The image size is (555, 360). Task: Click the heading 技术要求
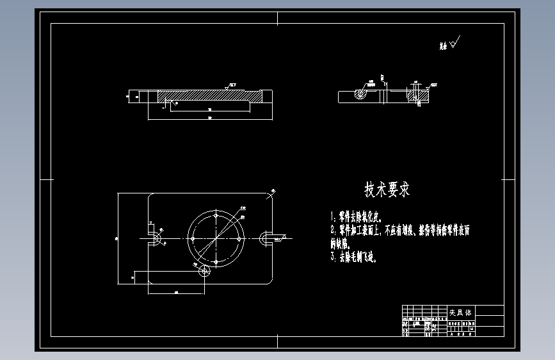(x=387, y=190)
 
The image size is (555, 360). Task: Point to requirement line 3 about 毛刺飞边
(x=355, y=257)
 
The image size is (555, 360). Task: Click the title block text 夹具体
(x=460, y=313)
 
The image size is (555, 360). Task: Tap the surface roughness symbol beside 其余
(x=455, y=43)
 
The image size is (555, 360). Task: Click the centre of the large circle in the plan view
(x=216, y=236)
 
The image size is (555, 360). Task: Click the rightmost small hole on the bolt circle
(x=241, y=237)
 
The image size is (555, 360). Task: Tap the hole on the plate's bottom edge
(x=205, y=271)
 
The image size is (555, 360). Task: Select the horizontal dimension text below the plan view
(x=176, y=292)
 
